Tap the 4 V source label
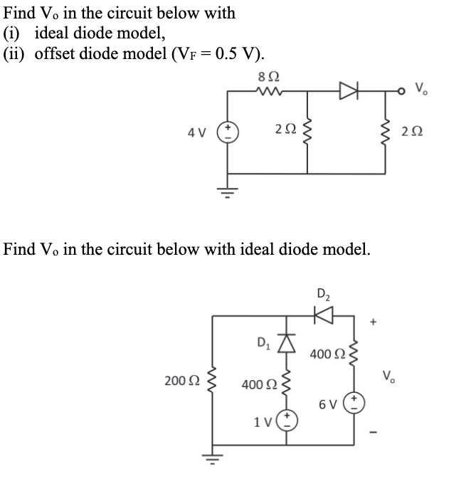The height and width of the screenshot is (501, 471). pyautogui.click(x=197, y=132)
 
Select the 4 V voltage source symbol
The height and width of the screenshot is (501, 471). pyautogui.click(x=228, y=132)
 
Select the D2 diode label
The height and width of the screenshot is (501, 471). pyautogui.click(x=324, y=292)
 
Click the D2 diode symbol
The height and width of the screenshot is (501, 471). pyautogui.click(x=324, y=314)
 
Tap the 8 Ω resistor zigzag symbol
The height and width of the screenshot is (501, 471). pyautogui.click(x=267, y=91)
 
